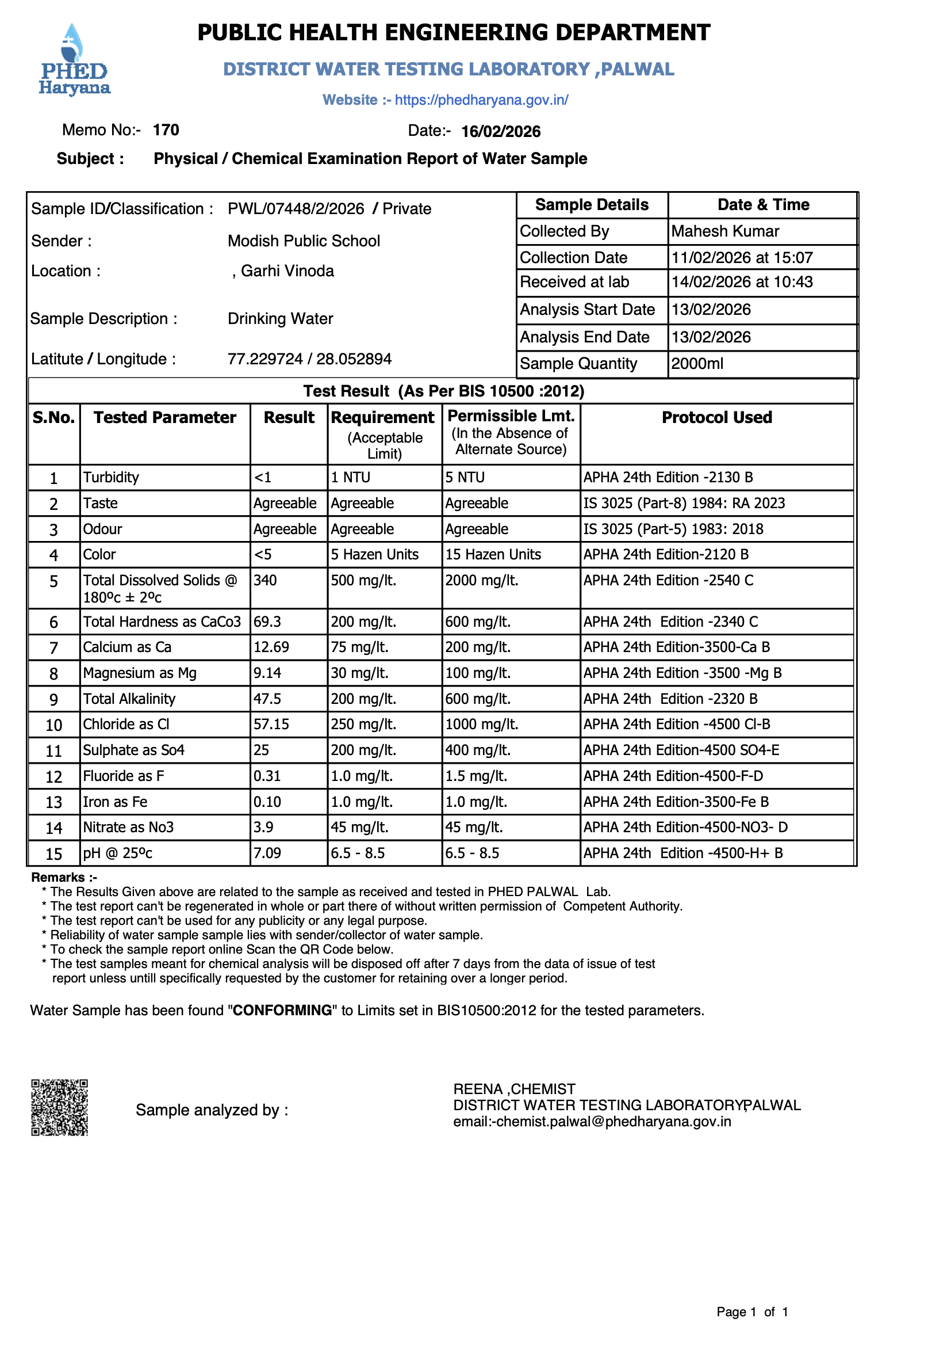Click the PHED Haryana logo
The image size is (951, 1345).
tap(74, 60)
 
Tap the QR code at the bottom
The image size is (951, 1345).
tap(59, 1107)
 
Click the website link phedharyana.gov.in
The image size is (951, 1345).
tap(481, 100)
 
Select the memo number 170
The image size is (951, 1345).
tap(166, 130)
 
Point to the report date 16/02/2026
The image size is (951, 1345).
tap(500, 131)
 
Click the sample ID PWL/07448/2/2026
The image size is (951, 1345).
tap(296, 209)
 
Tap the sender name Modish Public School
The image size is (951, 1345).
tap(304, 242)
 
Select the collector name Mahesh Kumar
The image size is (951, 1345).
tap(724, 231)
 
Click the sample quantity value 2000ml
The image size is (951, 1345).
tap(697, 364)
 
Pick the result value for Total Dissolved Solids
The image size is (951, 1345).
tap(265, 580)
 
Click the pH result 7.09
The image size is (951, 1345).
tap(267, 853)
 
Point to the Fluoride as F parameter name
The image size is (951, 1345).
tap(124, 776)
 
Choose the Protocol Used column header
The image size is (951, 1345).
tap(716, 417)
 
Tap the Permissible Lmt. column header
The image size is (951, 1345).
tap(511, 416)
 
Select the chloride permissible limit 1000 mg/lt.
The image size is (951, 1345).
tap(481, 725)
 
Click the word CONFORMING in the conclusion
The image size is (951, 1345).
tap(282, 1011)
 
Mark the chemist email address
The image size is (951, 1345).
tap(592, 1121)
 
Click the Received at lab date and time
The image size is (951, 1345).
tap(741, 283)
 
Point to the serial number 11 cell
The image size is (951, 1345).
tap(54, 750)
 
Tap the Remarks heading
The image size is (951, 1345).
tap(63, 877)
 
